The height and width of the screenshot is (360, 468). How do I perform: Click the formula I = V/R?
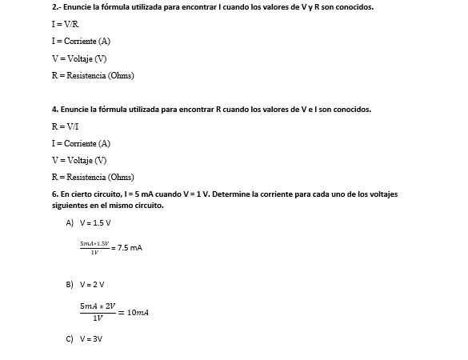pyautogui.click(x=65, y=24)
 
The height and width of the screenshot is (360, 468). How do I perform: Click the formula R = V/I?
pyautogui.click(x=65, y=126)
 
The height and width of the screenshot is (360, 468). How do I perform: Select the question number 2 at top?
pyautogui.click(x=54, y=7)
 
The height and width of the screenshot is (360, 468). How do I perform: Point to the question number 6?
pyautogui.click(x=54, y=194)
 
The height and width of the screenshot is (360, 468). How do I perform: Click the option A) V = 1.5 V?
pyautogui.click(x=88, y=222)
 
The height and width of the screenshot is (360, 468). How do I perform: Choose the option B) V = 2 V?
pyautogui.click(x=87, y=284)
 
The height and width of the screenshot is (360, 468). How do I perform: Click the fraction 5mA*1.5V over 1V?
pyautogui.click(x=94, y=247)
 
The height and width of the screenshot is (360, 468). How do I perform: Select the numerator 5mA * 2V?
pyautogui.click(x=98, y=306)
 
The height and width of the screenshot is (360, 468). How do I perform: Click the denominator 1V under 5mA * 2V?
pyautogui.click(x=98, y=318)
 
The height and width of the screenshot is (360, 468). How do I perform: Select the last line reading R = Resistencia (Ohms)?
pyautogui.click(x=92, y=177)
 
